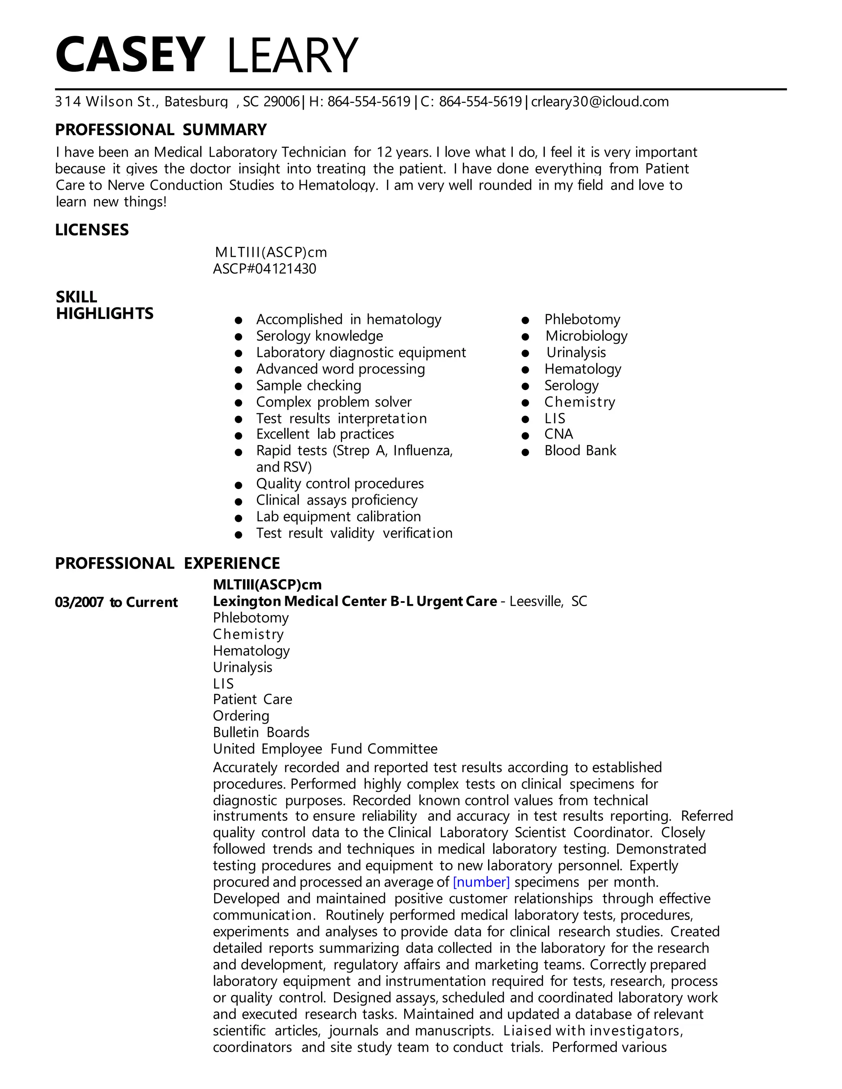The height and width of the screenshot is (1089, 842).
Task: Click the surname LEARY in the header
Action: click(x=292, y=55)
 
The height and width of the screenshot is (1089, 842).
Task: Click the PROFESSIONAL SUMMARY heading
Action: click(x=161, y=129)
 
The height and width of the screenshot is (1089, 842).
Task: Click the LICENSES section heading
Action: click(x=92, y=230)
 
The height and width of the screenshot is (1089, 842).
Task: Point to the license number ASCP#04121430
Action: click(x=264, y=269)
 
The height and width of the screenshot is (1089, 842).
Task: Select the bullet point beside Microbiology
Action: click(x=525, y=337)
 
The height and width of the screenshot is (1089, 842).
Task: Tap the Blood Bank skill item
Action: click(x=580, y=451)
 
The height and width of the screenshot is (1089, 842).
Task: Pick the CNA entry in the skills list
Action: click(x=559, y=434)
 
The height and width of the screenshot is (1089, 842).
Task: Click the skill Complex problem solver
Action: click(x=334, y=402)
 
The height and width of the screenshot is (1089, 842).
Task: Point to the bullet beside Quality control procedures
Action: click(x=238, y=485)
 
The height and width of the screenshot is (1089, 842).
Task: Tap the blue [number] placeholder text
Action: click(x=481, y=882)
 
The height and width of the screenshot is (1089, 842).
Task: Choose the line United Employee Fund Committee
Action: click(x=325, y=749)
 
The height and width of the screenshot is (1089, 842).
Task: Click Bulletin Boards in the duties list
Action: click(x=261, y=732)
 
